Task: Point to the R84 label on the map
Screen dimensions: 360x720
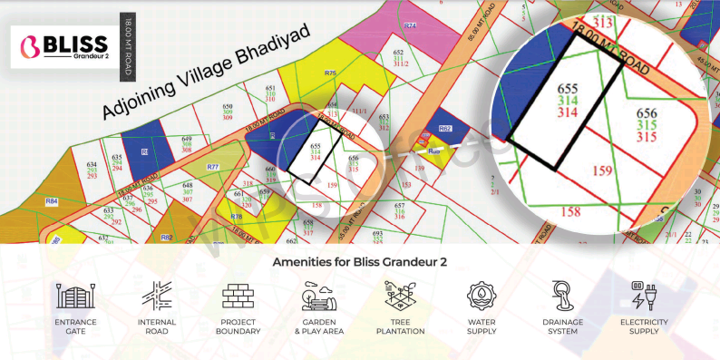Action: pos(52,200)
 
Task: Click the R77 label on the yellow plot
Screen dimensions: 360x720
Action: pos(213,168)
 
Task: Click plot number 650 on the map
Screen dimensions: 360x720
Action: pos(228,106)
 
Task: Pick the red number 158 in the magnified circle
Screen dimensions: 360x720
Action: pos(569,212)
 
